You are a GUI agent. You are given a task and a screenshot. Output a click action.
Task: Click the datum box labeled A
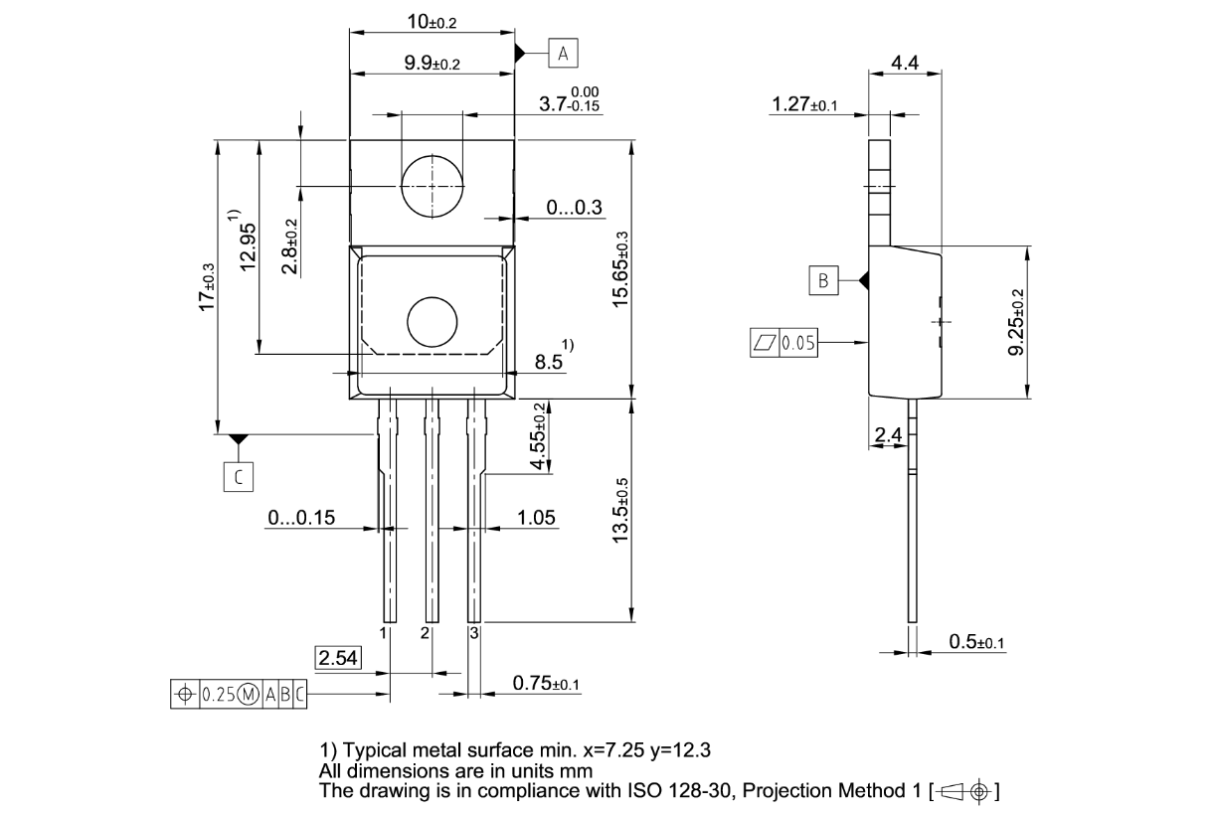(x=563, y=53)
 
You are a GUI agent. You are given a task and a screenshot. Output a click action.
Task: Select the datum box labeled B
(x=823, y=280)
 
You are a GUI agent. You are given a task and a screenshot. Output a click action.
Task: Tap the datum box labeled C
(x=239, y=477)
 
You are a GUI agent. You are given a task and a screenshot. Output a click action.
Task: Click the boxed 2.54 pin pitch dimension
(x=338, y=658)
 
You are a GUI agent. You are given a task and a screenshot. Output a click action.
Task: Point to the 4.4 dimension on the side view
(x=905, y=63)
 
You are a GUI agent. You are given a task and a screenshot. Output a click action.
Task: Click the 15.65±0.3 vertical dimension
(x=620, y=269)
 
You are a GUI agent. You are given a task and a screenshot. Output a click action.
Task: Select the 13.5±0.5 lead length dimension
(x=620, y=511)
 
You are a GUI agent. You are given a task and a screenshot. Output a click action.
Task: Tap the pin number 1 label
(x=383, y=632)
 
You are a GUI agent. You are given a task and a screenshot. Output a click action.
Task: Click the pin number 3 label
(x=474, y=632)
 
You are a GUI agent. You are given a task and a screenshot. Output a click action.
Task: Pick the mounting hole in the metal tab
(x=433, y=186)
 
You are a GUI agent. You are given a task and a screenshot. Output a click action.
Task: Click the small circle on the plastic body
(x=433, y=322)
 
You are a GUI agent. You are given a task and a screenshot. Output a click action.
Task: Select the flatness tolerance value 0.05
(x=798, y=343)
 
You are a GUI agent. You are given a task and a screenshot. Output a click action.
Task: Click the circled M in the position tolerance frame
(x=250, y=694)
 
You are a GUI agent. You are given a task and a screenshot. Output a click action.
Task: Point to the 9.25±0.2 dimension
(x=1017, y=322)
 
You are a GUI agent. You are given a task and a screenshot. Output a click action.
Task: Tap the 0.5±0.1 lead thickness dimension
(x=976, y=642)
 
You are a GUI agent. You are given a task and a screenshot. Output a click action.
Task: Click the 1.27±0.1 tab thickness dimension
(x=804, y=104)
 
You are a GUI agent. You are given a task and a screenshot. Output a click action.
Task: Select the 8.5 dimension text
(x=549, y=362)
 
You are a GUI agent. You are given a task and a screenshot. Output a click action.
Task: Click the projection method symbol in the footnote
(x=965, y=791)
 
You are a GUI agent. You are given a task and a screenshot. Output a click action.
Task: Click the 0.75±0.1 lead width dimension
(x=546, y=683)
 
